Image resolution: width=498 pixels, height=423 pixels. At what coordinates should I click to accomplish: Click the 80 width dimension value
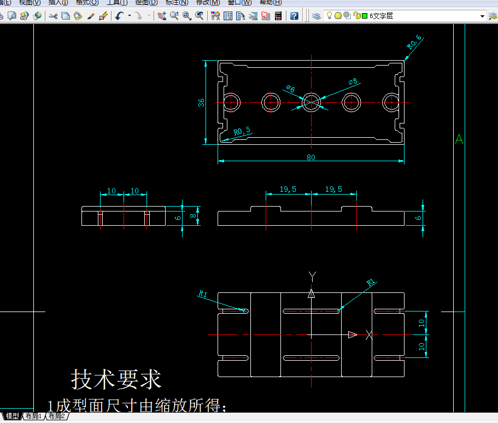pyautogui.click(x=311, y=157)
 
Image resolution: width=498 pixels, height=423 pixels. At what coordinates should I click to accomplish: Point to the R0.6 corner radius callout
pyautogui.click(x=415, y=42)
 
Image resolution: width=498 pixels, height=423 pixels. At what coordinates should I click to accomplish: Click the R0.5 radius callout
pyautogui.click(x=242, y=131)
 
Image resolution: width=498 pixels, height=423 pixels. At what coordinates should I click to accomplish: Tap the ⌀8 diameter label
pyautogui.click(x=353, y=82)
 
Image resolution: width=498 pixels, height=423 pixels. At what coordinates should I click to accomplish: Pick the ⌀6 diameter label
pyautogui.click(x=290, y=89)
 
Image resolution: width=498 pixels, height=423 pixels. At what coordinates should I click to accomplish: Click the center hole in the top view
pyautogui.click(x=312, y=102)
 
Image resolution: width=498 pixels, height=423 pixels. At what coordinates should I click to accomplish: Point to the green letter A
pyautogui.click(x=459, y=140)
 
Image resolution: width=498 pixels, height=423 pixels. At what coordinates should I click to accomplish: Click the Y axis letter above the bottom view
pyautogui.click(x=312, y=274)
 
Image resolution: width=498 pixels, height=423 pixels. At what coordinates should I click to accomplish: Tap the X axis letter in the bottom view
pyautogui.click(x=370, y=334)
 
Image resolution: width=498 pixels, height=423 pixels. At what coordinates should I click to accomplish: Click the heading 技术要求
pyautogui.click(x=116, y=379)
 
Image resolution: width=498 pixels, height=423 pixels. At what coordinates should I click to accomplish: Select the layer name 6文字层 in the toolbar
pyautogui.click(x=381, y=16)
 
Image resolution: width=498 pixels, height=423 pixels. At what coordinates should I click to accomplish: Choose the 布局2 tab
pyautogui.click(x=56, y=416)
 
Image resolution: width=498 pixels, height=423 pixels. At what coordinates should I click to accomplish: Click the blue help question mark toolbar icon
pyautogui.click(x=294, y=16)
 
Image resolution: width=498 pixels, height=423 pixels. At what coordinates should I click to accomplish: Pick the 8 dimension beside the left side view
pyautogui.click(x=192, y=216)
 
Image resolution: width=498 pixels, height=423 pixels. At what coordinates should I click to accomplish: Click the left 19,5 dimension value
pyautogui.click(x=288, y=189)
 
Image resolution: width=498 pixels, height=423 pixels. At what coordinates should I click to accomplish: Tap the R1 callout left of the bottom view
pyautogui.click(x=203, y=293)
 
